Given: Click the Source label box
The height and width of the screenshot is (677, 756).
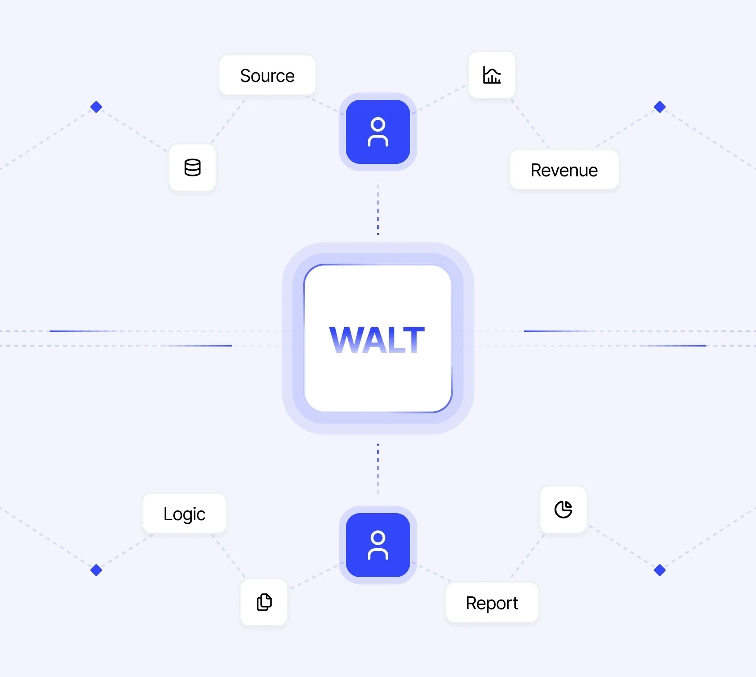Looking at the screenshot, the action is coord(267,76).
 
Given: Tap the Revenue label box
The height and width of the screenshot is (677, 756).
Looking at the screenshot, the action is coord(564,170).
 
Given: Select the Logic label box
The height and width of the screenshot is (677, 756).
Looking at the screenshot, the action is coord(184,514).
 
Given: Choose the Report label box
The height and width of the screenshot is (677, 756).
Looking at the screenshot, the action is coord(492,603).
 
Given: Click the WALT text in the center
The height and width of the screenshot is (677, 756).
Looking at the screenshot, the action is coord(377,340).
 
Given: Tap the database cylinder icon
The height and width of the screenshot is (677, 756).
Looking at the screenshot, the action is coord(193,168).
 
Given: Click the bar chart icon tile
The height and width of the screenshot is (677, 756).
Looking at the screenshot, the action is coord(492,75).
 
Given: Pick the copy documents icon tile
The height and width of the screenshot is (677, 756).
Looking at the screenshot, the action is coord(264,602).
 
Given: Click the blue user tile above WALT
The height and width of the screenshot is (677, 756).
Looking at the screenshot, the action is coord(378,132).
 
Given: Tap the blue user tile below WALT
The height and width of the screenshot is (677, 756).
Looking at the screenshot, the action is coord(378,545).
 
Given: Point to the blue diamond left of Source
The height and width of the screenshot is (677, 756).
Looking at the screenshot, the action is coord(96,107).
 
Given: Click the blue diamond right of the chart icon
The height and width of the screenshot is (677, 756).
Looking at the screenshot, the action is coord(660,107).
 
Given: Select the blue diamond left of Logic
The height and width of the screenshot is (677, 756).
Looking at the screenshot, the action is coord(96,570).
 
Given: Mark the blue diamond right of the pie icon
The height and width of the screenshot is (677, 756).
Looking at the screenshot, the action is coord(660,570).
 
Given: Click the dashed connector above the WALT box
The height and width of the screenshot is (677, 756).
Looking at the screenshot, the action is coord(378,209).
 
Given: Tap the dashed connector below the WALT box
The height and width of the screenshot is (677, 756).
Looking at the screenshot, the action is coord(378,469).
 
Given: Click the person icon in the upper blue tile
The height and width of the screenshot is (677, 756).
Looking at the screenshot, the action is coord(378,132).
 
